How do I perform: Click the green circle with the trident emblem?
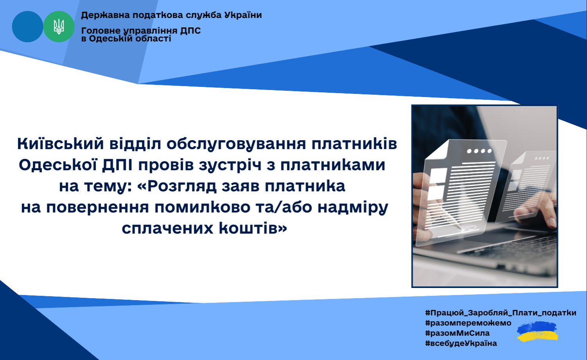coord(59,27)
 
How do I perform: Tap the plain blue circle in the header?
coord(27,27)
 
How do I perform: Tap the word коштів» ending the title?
coord(253,228)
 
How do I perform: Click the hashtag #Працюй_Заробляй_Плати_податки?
coord(501,313)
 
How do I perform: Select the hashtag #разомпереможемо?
coord(468,323)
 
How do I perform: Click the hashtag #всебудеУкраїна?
coord(461,343)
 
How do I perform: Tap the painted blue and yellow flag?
coord(537,332)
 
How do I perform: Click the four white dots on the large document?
coord(479,151)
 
